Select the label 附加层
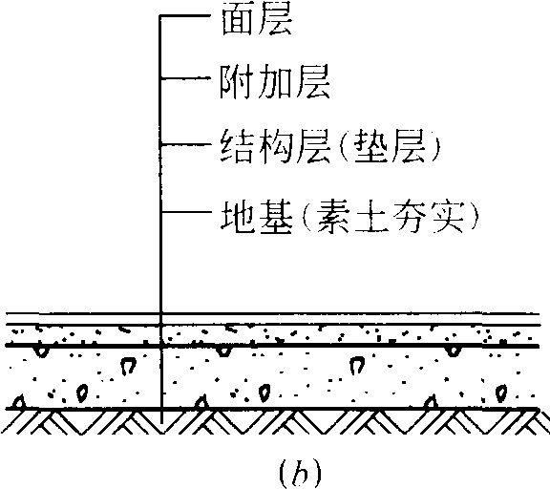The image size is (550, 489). [275, 81]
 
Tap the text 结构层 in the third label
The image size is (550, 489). [275, 146]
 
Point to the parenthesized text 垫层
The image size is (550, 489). [391, 147]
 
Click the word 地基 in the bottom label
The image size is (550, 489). [257, 217]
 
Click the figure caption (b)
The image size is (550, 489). [300, 474]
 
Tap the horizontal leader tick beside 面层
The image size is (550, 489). [186, 16]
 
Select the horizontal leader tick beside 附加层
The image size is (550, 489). [186, 78]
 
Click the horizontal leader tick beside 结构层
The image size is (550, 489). [186, 144]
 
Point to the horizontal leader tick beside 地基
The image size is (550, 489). [186, 212]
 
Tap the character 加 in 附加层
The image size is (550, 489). [275, 82]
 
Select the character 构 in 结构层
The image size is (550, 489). [275, 146]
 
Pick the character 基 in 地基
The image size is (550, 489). [275, 217]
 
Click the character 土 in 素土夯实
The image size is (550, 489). [371, 218]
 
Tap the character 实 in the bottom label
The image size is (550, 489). [448, 218]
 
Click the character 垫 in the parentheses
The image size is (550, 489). [371, 147]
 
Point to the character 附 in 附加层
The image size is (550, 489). [237, 82]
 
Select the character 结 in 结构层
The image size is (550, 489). [237, 146]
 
